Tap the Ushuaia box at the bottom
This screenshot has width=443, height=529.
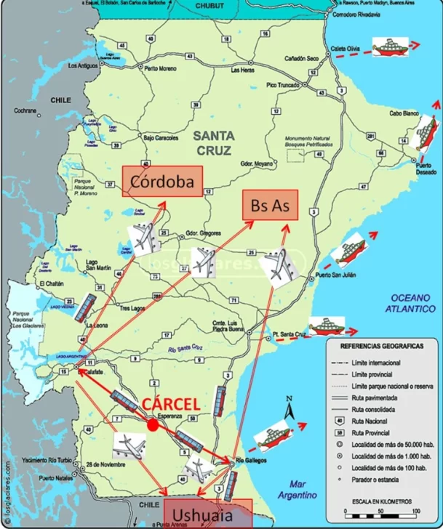tap(207, 515)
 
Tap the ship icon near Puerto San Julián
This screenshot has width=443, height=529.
tap(347, 251)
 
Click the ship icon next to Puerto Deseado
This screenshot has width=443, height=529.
tap(425, 133)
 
